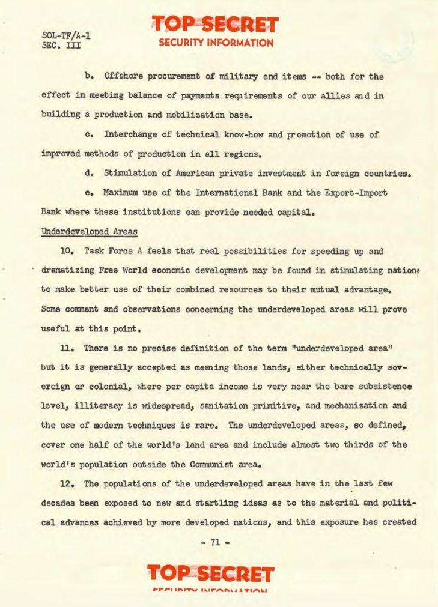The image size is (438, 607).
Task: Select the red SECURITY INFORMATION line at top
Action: pyautogui.click(x=216, y=43)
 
